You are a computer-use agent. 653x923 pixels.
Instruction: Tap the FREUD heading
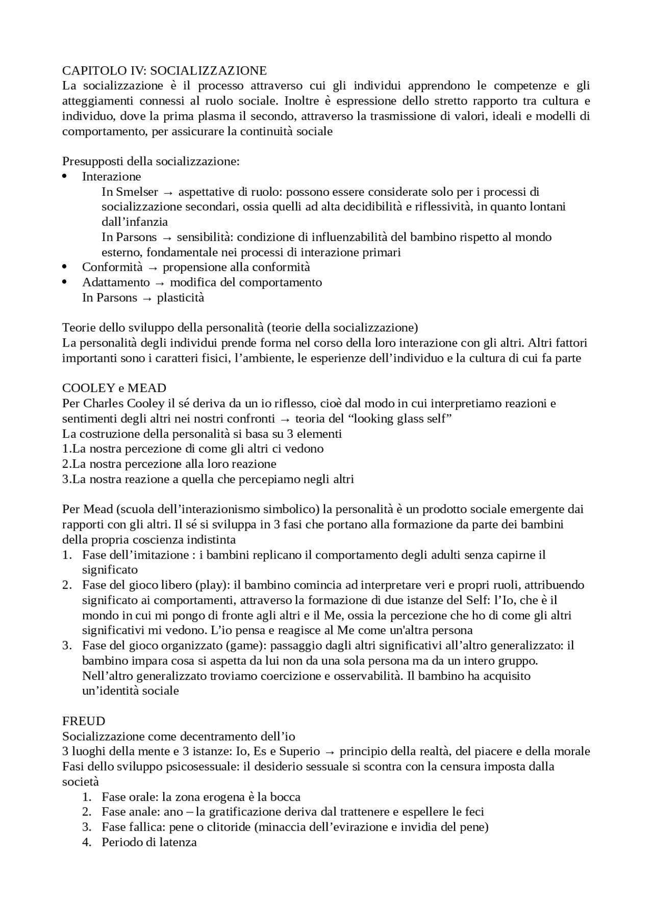pyautogui.click(x=84, y=721)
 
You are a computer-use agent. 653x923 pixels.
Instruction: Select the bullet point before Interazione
pyautogui.click(x=64, y=177)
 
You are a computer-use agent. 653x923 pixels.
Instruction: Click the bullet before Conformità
pyautogui.click(x=64, y=268)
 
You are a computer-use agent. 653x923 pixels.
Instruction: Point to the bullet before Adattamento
pyautogui.click(x=64, y=282)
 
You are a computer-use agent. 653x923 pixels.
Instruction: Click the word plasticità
pyautogui.click(x=181, y=298)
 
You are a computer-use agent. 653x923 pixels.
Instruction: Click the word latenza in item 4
pyautogui.click(x=178, y=842)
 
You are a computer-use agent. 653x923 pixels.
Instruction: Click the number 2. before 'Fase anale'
pyautogui.click(x=87, y=812)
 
